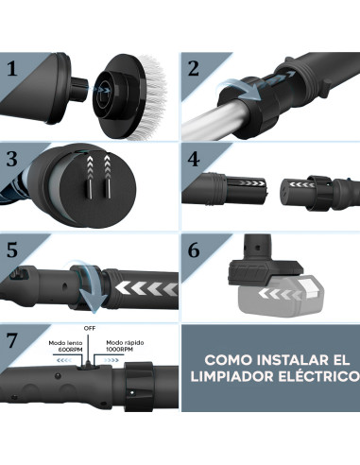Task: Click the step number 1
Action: pyautogui.click(x=13, y=69)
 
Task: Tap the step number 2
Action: pyautogui.click(x=194, y=69)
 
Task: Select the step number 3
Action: pyautogui.click(x=13, y=158)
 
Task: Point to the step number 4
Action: pyautogui.click(x=194, y=158)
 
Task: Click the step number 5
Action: pyautogui.click(x=13, y=250)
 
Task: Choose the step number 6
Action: pyautogui.click(x=194, y=250)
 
